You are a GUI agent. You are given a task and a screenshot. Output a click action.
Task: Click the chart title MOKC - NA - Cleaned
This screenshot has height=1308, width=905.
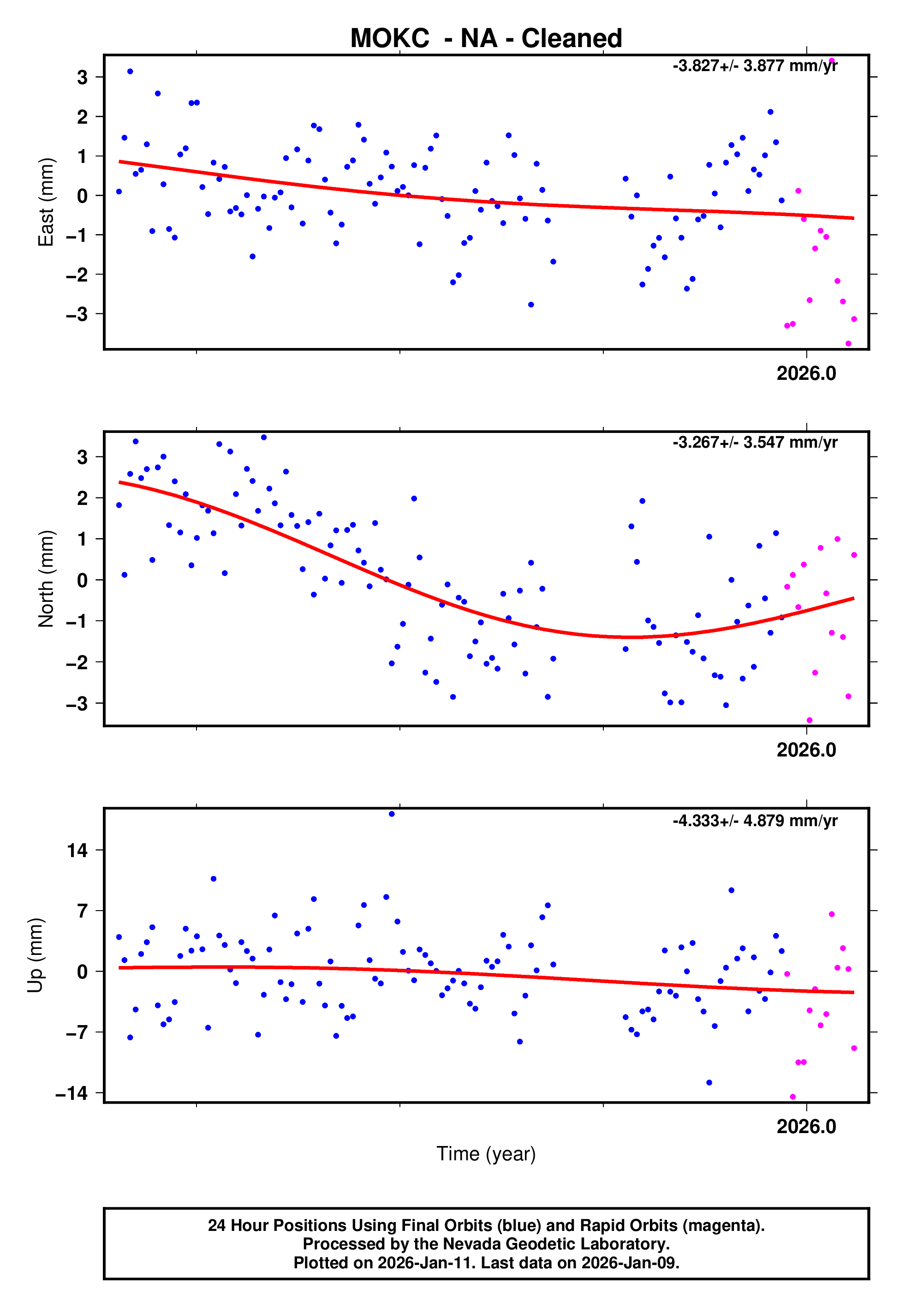[486, 39]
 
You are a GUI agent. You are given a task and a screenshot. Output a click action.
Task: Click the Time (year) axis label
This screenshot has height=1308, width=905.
[486, 1154]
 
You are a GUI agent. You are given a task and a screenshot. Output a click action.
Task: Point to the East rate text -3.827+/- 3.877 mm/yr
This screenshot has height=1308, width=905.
[755, 66]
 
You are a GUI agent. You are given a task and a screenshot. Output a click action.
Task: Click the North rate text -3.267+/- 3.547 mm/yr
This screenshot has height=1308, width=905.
[755, 443]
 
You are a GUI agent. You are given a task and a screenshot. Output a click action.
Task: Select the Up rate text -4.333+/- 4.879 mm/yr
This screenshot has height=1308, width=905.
[755, 820]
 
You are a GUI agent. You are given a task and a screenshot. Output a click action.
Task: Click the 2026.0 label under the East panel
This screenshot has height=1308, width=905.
[806, 373]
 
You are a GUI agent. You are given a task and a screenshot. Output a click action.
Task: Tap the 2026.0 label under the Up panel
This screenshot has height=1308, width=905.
[806, 1127]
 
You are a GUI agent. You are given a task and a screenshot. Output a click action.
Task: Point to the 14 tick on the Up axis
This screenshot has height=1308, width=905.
[77, 850]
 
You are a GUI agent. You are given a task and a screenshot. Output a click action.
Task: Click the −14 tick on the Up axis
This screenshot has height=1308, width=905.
[71, 1093]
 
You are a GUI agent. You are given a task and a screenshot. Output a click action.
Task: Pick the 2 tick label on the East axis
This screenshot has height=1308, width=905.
[83, 117]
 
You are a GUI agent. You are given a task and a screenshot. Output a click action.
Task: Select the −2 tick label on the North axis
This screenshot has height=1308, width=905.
[77, 662]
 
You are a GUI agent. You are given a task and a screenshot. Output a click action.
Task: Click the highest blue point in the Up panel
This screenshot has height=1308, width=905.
[392, 814]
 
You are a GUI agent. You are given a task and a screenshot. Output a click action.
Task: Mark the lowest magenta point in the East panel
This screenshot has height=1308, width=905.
[848, 344]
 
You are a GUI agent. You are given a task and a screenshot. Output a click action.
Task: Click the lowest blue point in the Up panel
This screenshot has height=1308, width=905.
[709, 1083]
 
